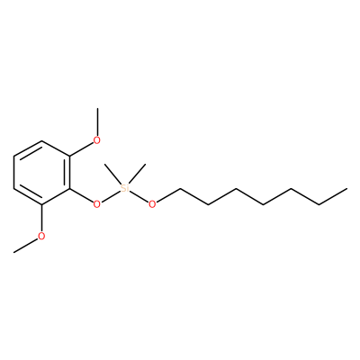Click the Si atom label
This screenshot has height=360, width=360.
pyautogui.click(x=124, y=188)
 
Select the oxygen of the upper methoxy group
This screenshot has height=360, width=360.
pyautogui.click(x=96, y=140)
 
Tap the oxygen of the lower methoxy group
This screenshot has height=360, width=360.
pyautogui.click(x=41, y=236)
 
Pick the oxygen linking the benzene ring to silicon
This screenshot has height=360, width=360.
pyautogui.click(x=96, y=204)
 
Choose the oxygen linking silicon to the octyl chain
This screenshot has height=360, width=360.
pyautogui.click(x=152, y=204)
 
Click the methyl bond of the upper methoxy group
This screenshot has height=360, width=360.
pyautogui.click(x=97, y=121)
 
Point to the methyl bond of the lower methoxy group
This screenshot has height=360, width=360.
pyautogui.click(x=25, y=246)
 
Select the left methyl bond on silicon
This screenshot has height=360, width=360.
pyautogui.click(x=112, y=174)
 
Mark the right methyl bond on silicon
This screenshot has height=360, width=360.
pyautogui.click(x=137, y=174)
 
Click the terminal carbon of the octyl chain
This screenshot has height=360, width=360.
pyautogui.click(x=346, y=188)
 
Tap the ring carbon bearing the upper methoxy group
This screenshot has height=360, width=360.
pyautogui.click(x=69, y=157)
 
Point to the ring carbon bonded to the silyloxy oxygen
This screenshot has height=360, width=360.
pyautogui.click(x=69, y=188)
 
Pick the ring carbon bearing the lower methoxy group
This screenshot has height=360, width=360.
pyautogui.click(x=41, y=204)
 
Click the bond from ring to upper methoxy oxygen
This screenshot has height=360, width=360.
pyautogui.click(x=81, y=149)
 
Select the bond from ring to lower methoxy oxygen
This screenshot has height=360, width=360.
pyautogui.click(x=41, y=218)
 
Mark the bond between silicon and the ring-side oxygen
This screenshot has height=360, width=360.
pyautogui.click(x=111, y=196)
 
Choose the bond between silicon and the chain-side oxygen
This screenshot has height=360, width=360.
pyautogui.click(x=139, y=196)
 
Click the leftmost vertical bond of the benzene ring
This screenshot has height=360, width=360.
pyautogui.click(x=13, y=173)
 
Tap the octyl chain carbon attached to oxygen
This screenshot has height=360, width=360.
pyautogui.click(x=180, y=188)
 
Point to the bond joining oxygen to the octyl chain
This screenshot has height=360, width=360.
pyautogui.click(x=168, y=195)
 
